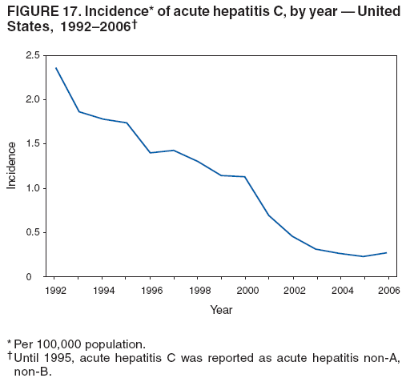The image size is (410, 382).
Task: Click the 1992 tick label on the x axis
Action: pos(56,291)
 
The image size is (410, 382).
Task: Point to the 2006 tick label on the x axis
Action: pos(388,291)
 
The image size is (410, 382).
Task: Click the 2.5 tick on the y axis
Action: pos(32,55)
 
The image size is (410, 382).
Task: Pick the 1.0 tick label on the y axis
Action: pos(32,188)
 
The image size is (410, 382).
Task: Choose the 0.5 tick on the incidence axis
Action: pos(32,232)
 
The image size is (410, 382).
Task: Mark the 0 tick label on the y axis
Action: pos(37,277)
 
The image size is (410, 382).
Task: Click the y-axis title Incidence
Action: pos(11,166)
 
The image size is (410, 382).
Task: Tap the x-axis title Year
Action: pos(222,310)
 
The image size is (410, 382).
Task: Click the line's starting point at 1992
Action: pos(56,68)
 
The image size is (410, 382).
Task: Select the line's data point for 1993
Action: pos(79,111)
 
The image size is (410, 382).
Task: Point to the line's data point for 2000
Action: pos(245,176)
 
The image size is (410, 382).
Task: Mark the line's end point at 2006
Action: pos(388,253)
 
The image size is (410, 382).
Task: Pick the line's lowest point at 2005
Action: pos(364,256)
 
